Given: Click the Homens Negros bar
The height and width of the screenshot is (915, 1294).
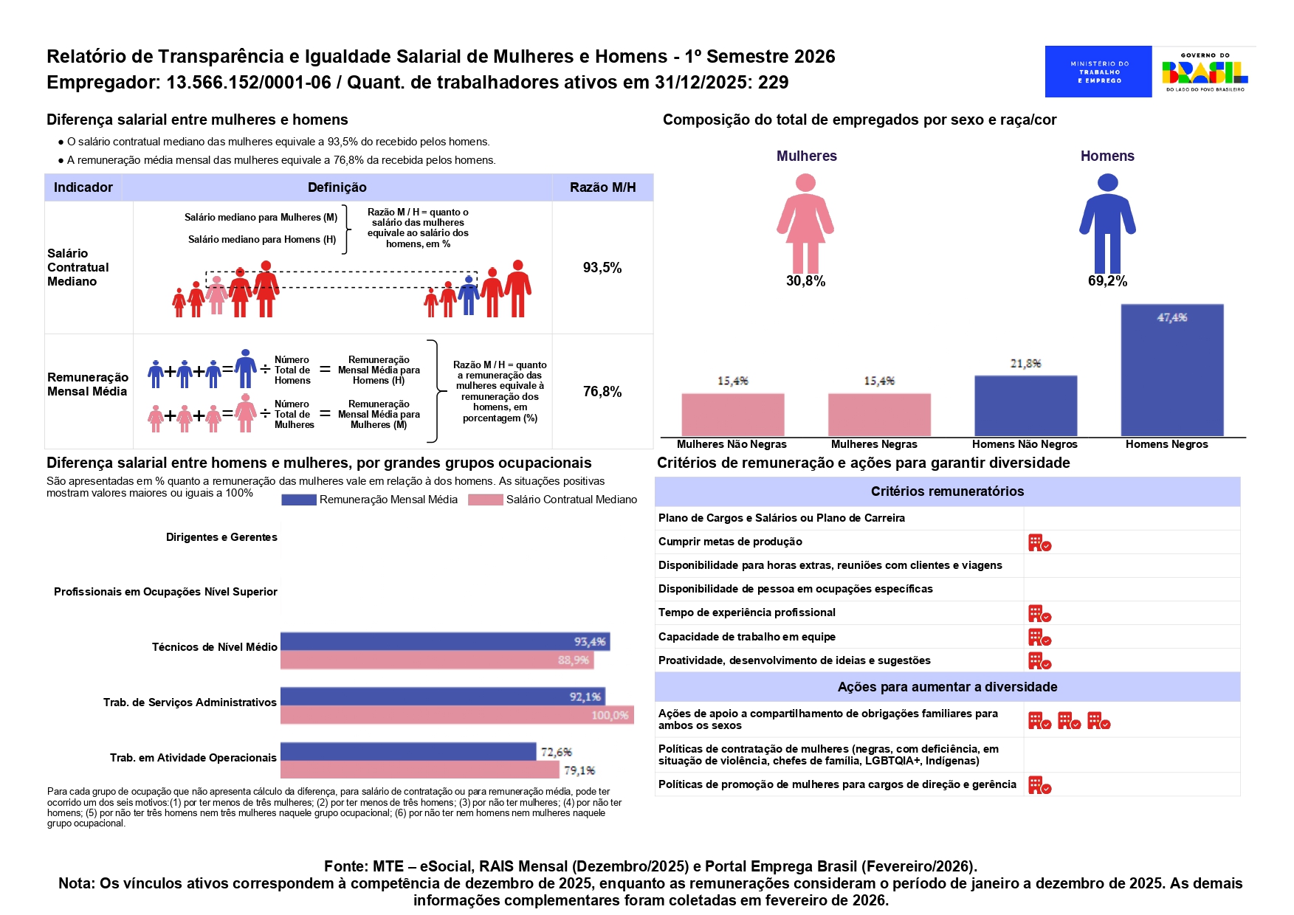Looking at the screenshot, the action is click(1171, 370).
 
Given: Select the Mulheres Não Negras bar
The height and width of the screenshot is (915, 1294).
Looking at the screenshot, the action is click(732, 415).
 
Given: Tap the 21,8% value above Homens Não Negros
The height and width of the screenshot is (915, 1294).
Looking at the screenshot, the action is click(1025, 363).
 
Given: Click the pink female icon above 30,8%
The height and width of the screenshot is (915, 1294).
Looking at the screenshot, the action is click(805, 224).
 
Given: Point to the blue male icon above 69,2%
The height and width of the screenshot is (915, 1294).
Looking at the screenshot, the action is click(1107, 224).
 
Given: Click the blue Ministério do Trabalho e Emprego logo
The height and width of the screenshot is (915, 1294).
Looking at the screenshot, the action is click(1098, 72).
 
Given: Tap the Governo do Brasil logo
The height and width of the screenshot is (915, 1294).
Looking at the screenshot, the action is click(1205, 72).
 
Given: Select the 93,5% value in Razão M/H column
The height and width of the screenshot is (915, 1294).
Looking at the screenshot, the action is click(602, 268).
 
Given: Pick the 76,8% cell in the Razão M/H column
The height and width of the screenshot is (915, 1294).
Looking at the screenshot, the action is click(602, 392).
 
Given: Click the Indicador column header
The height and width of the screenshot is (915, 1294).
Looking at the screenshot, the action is click(83, 187).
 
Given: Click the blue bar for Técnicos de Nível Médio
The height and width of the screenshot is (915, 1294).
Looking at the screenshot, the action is click(445, 641).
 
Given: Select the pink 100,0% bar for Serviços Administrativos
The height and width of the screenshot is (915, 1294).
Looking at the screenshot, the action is click(457, 715).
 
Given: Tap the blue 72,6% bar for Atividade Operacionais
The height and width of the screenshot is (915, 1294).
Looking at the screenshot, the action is click(408, 751).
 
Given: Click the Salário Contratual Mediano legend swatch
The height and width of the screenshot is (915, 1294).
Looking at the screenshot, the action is click(486, 500).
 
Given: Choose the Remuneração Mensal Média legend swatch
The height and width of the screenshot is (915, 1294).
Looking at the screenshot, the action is click(299, 500).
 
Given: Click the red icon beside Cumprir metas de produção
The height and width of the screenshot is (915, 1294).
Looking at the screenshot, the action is click(1039, 543).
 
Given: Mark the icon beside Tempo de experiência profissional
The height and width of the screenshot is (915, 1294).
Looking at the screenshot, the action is click(1039, 614).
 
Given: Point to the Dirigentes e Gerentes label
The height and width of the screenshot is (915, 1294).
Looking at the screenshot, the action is click(221, 537).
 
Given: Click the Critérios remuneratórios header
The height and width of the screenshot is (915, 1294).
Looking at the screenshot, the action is click(947, 491).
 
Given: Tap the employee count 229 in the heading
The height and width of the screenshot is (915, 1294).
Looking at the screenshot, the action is click(773, 82).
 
